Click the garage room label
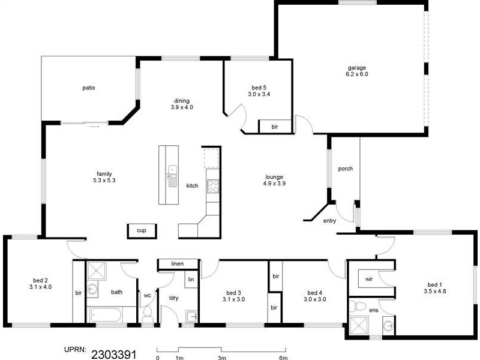pos(356,68)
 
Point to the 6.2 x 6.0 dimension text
pos(356,74)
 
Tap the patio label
pos(89,88)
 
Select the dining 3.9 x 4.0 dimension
pos(182,107)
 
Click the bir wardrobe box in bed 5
pos(275,127)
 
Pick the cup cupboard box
pos(142,230)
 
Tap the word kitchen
pos(192,186)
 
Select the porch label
pos(345,169)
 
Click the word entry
pos(329,221)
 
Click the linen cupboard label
pos(177,264)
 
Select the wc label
pos(147,295)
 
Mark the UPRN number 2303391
pos(114,354)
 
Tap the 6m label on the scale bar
pos(284,358)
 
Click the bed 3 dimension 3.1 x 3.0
pos(233,299)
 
